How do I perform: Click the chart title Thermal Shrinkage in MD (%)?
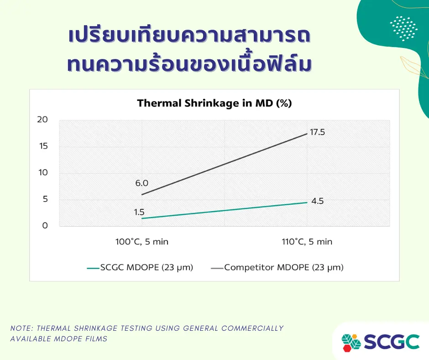click(214, 103)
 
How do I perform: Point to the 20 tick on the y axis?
click(42, 119)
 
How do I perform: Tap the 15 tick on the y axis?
click(43, 146)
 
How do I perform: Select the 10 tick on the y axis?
click(43, 173)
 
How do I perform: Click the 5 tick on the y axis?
click(46, 199)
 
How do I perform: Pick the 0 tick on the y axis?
click(45, 226)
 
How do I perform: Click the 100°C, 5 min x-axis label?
click(142, 242)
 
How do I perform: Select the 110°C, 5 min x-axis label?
click(307, 242)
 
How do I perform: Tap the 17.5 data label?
click(317, 132)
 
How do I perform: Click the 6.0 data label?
click(142, 183)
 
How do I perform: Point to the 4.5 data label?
click(317, 201)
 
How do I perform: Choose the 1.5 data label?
click(139, 212)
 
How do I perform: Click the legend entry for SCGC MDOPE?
click(140, 267)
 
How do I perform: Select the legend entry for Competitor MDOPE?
click(277, 267)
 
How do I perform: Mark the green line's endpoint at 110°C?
click(307, 202)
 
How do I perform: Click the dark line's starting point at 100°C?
click(142, 195)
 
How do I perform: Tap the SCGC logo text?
click(392, 342)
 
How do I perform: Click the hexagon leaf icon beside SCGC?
click(351, 342)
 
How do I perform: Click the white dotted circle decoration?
click(404, 28)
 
